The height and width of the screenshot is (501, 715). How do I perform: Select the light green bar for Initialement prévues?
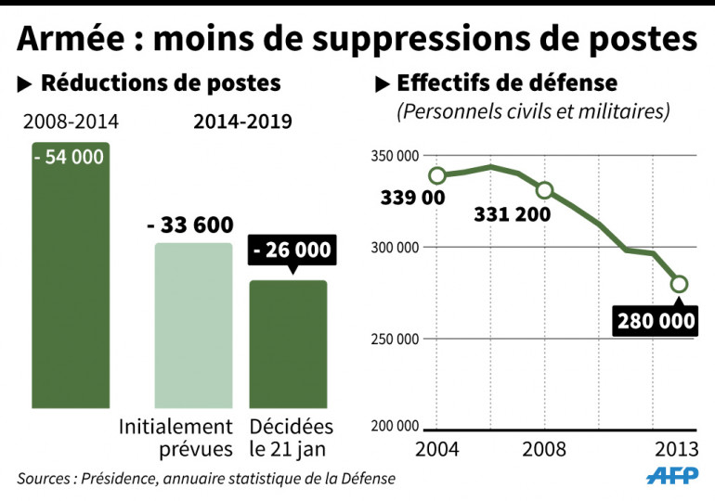coord(193,325)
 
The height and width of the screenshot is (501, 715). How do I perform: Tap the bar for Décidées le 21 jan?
coord(288,343)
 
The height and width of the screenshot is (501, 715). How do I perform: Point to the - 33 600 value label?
coord(190,225)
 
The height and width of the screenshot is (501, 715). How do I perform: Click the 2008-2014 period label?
coord(71,122)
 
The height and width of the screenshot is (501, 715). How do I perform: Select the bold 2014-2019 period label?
coord(242,122)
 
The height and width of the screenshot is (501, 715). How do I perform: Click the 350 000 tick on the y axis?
coord(394,157)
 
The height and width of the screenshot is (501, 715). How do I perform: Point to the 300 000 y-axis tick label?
coord(394,248)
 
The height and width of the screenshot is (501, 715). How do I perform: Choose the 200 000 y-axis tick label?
coord(394,426)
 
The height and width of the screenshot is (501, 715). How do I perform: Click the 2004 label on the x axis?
coord(437,451)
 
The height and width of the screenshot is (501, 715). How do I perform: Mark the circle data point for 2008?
coord(545,190)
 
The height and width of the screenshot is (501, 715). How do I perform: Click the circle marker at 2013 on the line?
coord(679,284)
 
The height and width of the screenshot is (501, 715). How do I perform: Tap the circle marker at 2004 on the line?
coord(437,175)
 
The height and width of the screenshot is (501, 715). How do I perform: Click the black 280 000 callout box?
coord(655,321)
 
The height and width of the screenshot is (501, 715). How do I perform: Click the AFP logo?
coord(670,474)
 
